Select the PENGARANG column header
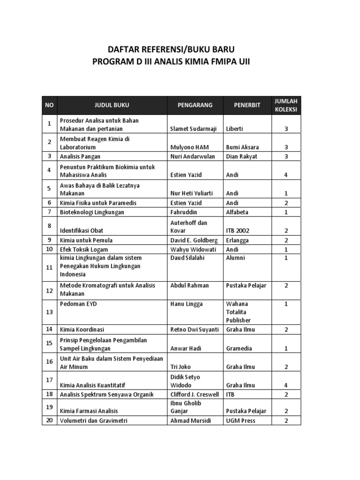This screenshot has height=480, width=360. [x=195, y=105]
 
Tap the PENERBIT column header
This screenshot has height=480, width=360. [x=247, y=105]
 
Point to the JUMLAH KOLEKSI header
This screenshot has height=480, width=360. [x=286, y=105]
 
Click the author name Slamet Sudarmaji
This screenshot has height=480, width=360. [x=193, y=129]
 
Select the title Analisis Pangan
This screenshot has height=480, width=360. [x=80, y=156]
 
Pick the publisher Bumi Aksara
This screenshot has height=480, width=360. [x=242, y=147]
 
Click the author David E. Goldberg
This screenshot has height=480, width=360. [x=194, y=240]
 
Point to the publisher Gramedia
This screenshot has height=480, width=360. [x=239, y=348]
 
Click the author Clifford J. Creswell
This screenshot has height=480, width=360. [x=195, y=394]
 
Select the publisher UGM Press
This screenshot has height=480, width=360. [x=240, y=420]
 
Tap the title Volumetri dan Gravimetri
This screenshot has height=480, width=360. [x=93, y=420]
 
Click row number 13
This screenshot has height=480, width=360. [x=49, y=312]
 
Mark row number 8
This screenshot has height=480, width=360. [x=49, y=226]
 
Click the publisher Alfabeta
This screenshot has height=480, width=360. [x=237, y=212]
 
